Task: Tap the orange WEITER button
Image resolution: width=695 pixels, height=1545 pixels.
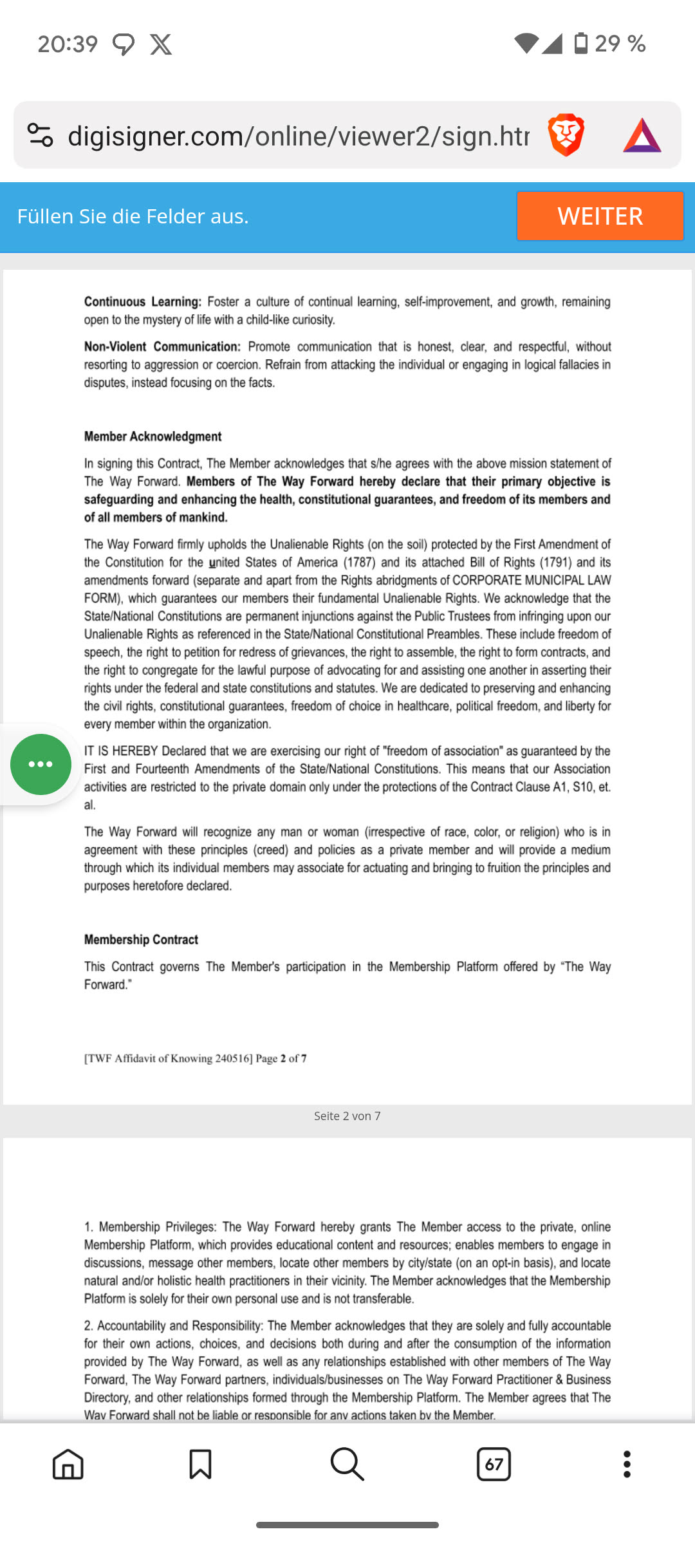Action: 599,216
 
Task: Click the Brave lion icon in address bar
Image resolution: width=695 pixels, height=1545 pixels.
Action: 566,135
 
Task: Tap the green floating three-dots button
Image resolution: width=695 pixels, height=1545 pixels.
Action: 41,764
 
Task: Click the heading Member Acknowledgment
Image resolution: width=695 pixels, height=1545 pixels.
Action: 153,436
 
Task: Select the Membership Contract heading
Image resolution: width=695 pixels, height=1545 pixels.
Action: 141,940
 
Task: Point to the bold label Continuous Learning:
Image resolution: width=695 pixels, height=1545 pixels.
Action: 143,302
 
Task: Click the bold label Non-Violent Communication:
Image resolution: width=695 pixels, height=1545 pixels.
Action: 162,347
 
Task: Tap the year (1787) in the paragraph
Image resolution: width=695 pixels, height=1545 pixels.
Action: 359,563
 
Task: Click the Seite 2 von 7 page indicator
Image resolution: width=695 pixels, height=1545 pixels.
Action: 347,1116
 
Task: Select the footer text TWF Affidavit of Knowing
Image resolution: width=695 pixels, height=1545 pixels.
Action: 168,1058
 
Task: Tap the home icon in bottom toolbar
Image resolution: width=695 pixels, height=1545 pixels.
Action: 68,1465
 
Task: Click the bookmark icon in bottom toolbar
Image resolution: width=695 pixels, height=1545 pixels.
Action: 200,1465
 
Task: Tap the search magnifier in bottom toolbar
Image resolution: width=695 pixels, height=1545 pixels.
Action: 347,1465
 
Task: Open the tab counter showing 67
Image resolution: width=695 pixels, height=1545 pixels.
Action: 494,1465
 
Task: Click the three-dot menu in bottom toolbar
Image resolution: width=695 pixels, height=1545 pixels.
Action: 627,1465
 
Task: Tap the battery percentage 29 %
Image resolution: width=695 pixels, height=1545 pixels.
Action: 620,44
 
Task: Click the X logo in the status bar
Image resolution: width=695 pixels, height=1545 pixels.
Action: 161,44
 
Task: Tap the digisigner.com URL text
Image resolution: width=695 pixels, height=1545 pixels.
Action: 298,136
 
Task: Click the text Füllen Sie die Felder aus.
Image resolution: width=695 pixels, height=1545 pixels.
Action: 133,216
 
